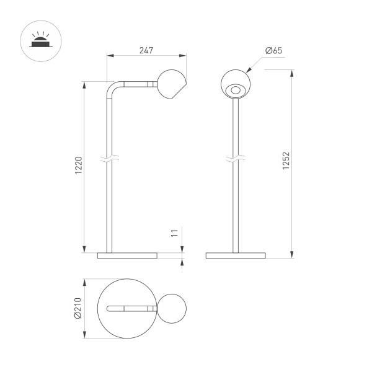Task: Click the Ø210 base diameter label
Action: [x=77, y=308]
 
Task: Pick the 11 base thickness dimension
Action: [x=175, y=234]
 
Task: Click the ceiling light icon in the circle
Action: [x=39, y=41]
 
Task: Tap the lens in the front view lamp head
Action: [x=236, y=91]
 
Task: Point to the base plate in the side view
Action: [x=129, y=255]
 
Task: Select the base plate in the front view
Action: [x=236, y=255]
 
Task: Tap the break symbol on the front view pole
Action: [x=236, y=160]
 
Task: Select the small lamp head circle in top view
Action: [x=173, y=308]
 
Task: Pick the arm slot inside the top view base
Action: [x=130, y=308]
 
